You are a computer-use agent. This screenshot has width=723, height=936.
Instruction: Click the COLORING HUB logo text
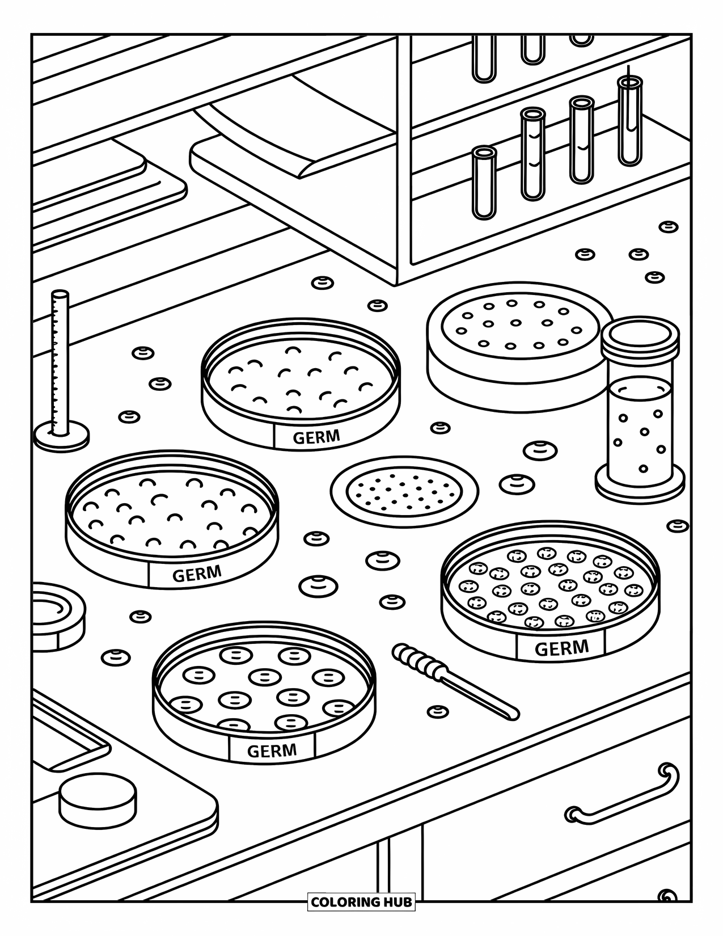coord(361,901)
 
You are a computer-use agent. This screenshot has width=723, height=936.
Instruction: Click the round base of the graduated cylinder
coord(61,437)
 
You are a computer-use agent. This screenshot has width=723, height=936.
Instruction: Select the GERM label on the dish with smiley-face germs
coord(561,648)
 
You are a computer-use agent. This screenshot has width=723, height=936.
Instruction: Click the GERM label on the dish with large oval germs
coord(272,751)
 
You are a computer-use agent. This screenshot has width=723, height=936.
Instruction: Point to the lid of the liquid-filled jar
coord(640,336)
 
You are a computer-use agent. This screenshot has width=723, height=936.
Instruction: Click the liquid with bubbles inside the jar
coord(639,431)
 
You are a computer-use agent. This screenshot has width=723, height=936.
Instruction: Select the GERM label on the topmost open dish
coord(316,437)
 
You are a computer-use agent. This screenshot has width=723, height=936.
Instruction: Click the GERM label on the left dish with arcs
coord(196,574)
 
